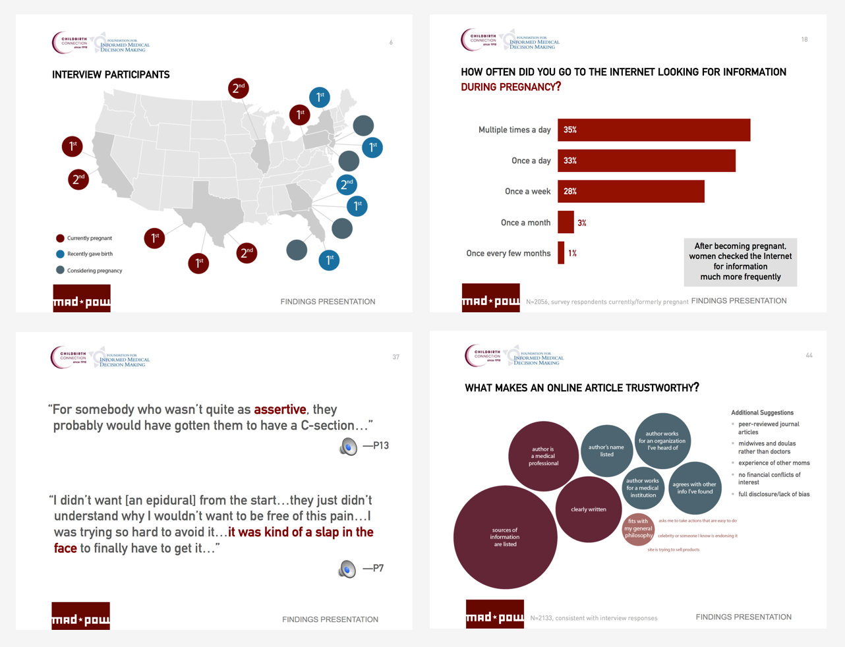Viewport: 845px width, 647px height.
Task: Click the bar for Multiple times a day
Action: click(653, 130)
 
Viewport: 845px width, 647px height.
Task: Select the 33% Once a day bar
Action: click(646, 161)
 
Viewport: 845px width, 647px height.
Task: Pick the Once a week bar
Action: click(631, 191)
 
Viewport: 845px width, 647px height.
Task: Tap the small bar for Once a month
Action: click(566, 223)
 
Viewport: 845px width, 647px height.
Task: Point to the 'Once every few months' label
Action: click(508, 253)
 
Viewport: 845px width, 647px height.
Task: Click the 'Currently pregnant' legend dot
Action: click(60, 239)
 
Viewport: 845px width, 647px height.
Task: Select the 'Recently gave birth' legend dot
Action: click(60, 254)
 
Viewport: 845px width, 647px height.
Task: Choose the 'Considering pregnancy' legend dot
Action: click(60, 270)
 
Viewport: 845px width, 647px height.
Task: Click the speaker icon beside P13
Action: click(348, 446)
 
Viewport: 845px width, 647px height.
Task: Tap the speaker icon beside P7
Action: click(347, 569)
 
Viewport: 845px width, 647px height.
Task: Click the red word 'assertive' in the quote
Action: click(279, 409)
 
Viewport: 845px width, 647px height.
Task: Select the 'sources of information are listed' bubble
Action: click(505, 537)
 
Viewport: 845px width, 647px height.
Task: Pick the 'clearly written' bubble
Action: click(588, 509)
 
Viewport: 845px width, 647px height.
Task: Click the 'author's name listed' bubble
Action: click(606, 451)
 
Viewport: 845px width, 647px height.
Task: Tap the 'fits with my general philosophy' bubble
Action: click(638, 528)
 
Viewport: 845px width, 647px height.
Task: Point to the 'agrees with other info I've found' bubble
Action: click(694, 488)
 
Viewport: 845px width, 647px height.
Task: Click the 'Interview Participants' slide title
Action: click(111, 75)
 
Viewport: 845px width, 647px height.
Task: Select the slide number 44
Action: click(809, 356)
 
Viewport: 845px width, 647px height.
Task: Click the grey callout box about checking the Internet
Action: click(740, 262)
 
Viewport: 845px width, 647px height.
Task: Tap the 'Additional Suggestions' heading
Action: click(762, 412)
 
